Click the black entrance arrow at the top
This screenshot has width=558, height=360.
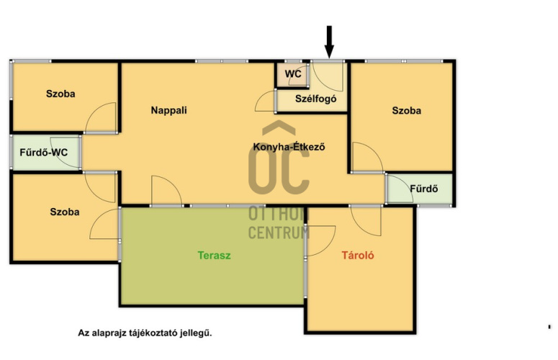329,42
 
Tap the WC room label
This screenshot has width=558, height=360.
293,74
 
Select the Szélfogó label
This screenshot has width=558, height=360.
315,99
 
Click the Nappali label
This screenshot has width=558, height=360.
168,110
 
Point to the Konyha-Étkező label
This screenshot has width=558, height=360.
289,147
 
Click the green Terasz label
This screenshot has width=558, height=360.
215,256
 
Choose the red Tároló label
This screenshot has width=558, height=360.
358,255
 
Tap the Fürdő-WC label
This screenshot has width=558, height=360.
43,152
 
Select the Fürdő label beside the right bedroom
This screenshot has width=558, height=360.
424,189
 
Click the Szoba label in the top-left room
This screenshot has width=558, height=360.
60,94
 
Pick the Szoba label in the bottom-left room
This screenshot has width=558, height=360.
64,212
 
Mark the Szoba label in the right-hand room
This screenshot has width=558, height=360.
406,111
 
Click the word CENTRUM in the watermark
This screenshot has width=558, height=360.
279,233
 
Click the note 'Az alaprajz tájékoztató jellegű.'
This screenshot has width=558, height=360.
145,333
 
